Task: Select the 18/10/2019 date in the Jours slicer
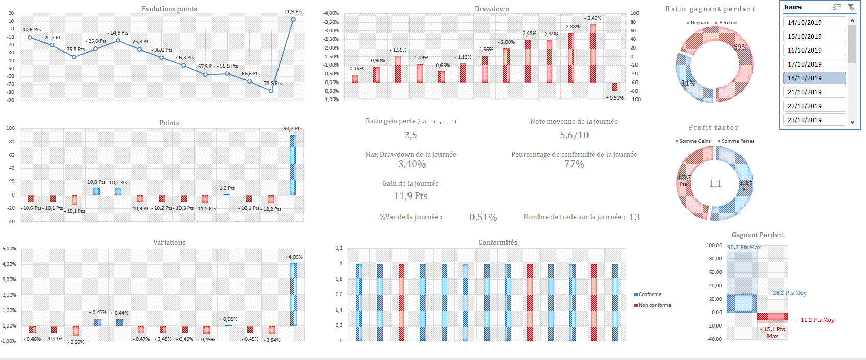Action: pyautogui.click(x=814, y=78)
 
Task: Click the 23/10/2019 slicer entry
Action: pyautogui.click(x=814, y=120)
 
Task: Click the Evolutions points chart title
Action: pyautogui.click(x=169, y=9)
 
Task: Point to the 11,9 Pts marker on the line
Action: pyautogui.click(x=293, y=20)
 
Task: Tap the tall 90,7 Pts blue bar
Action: pyautogui.click(x=292, y=165)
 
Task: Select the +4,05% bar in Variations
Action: pyautogui.click(x=293, y=294)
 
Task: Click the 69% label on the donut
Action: pyautogui.click(x=741, y=47)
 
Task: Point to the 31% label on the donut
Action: pyautogui.click(x=688, y=83)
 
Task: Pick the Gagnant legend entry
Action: pyautogui.click(x=700, y=23)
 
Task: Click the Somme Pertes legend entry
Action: pyautogui.click(x=738, y=141)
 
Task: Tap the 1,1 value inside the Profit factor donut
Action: pyautogui.click(x=715, y=184)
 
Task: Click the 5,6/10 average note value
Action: pyautogui.click(x=574, y=135)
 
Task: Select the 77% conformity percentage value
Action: pyautogui.click(x=574, y=164)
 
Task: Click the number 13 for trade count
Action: pyautogui.click(x=634, y=217)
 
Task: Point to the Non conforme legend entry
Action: pyautogui.click(x=655, y=305)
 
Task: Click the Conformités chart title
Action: pyautogui.click(x=497, y=242)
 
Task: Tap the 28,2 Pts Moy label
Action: pyautogui.click(x=789, y=293)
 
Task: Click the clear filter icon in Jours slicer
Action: pyautogui.click(x=851, y=7)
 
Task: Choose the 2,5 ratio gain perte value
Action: pyautogui.click(x=411, y=135)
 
